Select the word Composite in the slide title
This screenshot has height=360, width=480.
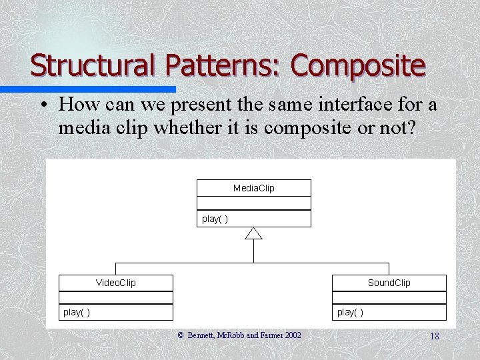click(357, 66)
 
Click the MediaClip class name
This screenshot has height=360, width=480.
click(253, 188)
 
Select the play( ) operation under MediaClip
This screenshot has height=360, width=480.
click(215, 219)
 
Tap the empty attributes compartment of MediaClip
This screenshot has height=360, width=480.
click(253, 203)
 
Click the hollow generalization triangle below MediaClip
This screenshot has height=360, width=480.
click(253, 233)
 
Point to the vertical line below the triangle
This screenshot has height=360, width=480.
click(253, 250)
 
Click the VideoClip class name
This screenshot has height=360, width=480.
click(115, 283)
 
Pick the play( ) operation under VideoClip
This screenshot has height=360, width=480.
click(77, 312)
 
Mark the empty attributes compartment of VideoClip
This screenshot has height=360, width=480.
click(115, 297)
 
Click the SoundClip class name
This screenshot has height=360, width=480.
click(389, 283)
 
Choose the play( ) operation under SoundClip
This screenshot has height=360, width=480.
click(350, 312)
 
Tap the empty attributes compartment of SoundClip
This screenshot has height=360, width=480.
click(389, 297)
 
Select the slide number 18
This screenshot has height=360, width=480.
click(435, 336)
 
